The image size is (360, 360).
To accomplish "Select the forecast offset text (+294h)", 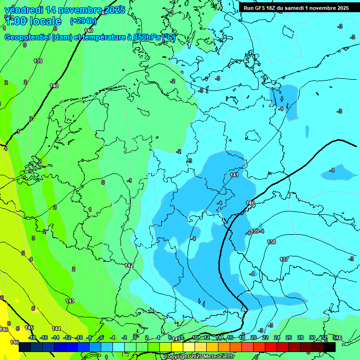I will click(x=83, y=21).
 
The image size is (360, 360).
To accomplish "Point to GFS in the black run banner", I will click(x=260, y=8).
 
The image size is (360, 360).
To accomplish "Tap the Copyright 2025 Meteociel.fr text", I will click(x=199, y=356).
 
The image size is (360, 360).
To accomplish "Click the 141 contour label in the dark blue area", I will click(x=234, y=175).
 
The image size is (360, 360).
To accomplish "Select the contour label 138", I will click(x=271, y=242).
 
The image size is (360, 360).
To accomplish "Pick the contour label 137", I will click(x=284, y=259).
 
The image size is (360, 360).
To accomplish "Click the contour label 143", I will click(x=70, y=301).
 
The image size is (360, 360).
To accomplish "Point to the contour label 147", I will click(x=129, y=265).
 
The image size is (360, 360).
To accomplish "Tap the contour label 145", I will click(x=29, y=328).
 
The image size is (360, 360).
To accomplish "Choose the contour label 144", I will click(x=56, y=329).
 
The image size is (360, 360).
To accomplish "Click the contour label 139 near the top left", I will click(x=38, y=61).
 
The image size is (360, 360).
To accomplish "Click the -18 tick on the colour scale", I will click(x=32, y=337).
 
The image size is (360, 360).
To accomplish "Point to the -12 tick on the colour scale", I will click(x=67, y=337).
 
